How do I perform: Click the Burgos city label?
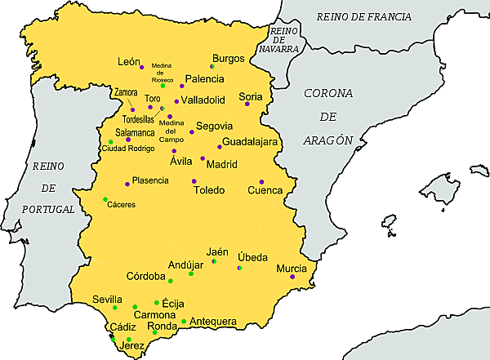click(228, 58)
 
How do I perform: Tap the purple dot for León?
click(141, 67)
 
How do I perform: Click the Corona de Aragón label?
click(328, 117)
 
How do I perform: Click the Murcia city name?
click(292, 268)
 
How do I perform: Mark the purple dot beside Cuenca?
click(261, 181)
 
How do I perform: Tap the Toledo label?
click(208, 190)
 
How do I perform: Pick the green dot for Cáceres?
click(105, 199)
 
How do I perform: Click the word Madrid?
click(221, 164)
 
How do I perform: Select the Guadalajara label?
click(251, 141)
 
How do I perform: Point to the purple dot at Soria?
click(247, 104)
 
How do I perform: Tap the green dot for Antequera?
click(185, 321)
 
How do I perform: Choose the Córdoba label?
click(145, 276)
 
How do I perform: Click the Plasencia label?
click(150, 180)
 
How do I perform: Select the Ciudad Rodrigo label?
click(127, 149)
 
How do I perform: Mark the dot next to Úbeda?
click(238, 268)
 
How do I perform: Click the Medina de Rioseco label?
click(162, 73)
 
